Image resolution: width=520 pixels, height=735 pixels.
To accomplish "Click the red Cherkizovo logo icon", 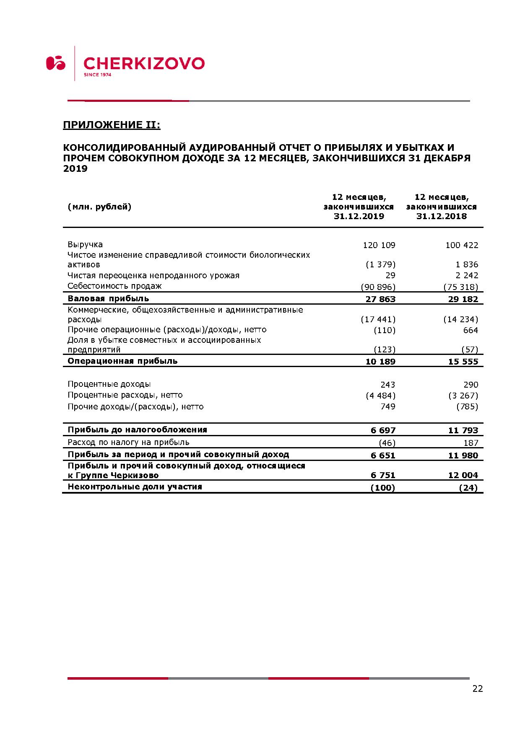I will tap(56, 63).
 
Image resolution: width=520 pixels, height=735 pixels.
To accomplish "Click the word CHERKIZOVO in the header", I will tap(144, 63).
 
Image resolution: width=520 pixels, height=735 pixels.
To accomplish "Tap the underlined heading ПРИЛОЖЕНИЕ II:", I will tap(112, 125).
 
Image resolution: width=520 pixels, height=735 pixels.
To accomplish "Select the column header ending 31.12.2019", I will tap(359, 207).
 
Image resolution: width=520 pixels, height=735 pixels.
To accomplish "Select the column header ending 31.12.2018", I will tap(441, 207).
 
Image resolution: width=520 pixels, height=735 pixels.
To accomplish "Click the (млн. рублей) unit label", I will tap(99, 207).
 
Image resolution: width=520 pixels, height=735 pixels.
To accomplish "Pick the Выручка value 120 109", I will tap(379, 245).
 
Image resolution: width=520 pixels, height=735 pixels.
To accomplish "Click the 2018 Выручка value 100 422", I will tap(462, 245).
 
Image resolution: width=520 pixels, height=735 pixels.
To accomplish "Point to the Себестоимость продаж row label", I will tap(114, 286).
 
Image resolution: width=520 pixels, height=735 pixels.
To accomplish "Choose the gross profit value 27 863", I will tap(380, 299).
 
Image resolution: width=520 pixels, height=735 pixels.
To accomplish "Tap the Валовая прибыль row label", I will tap(108, 299).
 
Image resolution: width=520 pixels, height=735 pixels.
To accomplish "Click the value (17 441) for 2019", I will tap(378, 319).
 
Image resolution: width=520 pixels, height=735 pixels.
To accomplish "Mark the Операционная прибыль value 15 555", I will tap(463, 362).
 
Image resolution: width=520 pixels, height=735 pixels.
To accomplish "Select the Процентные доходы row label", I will tap(109, 384).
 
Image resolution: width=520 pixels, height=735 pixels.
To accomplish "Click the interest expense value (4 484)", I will tap(380, 396).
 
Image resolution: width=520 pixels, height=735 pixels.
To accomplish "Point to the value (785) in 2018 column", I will tap(467, 406).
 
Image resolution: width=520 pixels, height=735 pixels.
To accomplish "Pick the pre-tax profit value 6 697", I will tap(383, 430).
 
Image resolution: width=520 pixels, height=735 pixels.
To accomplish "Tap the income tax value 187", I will tap(471, 443).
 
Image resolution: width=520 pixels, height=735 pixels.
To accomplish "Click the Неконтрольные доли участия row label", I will tap(135, 487).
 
